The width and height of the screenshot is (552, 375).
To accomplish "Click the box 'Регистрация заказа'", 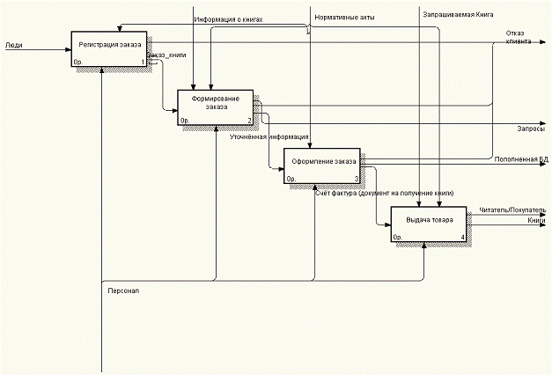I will (x=109, y=48).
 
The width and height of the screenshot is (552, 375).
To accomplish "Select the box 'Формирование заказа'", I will (x=215, y=107).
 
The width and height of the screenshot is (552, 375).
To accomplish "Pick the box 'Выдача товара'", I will (x=429, y=224).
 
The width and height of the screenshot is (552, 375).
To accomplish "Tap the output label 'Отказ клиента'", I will (x=517, y=38).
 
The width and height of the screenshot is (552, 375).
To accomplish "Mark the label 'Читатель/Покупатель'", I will (x=512, y=210).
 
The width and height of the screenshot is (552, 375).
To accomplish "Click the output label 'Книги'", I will (x=537, y=220).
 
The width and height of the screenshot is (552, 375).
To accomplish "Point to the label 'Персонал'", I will (x=123, y=290).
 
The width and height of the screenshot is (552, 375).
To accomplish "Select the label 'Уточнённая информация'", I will (x=269, y=137).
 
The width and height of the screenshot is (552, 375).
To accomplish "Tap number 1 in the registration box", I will (x=142, y=62).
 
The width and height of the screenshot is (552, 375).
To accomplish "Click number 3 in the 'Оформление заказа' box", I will (x=356, y=179).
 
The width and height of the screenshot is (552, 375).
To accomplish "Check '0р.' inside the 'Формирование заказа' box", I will (x=185, y=121).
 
